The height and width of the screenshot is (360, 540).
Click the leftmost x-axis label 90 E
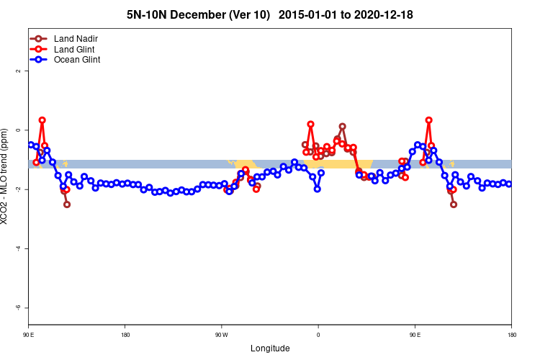coord(29,335)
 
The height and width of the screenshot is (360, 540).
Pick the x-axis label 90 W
coord(221,335)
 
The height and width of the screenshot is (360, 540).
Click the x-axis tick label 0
coord(318,335)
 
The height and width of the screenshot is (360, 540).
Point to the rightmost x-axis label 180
coord(511,335)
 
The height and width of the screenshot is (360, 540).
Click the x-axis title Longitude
coord(270,348)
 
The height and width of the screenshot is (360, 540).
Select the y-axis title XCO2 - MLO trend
coord(7,176)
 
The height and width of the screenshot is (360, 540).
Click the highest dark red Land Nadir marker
coord(342,127)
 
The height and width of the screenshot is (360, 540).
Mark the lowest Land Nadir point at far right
coord(454,204)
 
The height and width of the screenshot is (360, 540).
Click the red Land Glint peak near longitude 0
coord(310,125)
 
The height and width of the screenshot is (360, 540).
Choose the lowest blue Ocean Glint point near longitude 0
coord(317,189)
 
